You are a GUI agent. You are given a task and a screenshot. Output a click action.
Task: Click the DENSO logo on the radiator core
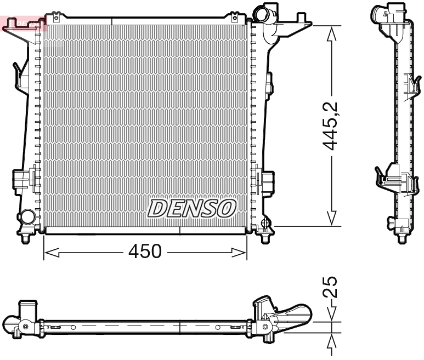click(193, 208)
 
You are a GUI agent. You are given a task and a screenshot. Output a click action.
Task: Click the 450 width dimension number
click(145, 252)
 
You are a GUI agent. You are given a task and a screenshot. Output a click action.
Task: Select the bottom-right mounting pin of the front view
click(265, 238)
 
